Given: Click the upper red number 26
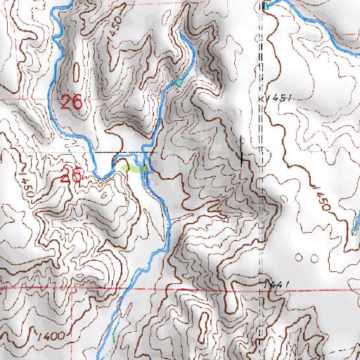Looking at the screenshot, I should (x=71, y=102).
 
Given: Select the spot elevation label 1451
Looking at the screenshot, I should (x=278, y=99).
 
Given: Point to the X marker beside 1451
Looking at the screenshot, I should (x=260, y=99).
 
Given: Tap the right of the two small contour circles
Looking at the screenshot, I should (x=313, y=258).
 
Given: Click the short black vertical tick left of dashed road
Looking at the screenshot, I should (x=242, y=151).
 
